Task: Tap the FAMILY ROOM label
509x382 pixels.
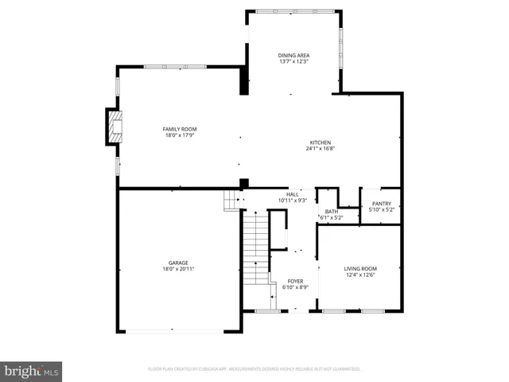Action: (180, 129)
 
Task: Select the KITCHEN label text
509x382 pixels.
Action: (321, 142)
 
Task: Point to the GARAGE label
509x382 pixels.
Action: (178, 263)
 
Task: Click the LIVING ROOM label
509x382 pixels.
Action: (360, 269)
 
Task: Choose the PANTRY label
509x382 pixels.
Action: (382, 204)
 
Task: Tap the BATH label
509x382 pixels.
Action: (331, 211)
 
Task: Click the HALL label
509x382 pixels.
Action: (293, 194)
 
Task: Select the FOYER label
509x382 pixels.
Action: (295, 281)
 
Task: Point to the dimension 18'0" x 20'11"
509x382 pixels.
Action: (178, 269)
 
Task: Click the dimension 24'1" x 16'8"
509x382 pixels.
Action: (321, 149)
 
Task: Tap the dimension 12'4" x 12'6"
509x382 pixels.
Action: (360, 275)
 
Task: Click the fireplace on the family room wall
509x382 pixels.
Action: (115, 127)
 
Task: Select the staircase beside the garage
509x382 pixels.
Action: (254, 247)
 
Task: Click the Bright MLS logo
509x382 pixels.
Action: (32, 370)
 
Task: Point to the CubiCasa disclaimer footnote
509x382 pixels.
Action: (254, 369)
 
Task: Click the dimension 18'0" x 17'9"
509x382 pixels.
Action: (180, 135)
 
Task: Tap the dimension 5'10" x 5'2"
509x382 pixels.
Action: (382, 210)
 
